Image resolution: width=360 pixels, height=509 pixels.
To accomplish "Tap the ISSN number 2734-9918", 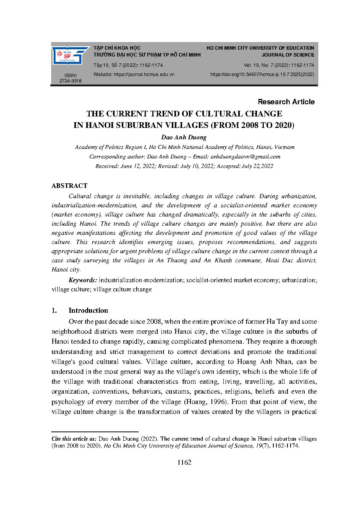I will pyautogui.click(x=71, y=81).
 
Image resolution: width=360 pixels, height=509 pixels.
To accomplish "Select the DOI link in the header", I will pyautogui.click(x=262, y=74).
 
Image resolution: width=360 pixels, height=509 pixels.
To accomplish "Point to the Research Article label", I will pyautogui.click(x=286, y=102).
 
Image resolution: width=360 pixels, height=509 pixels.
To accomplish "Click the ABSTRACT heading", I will pyautogui.click(x=69, y=186).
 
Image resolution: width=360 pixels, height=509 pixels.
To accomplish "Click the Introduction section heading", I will pyautogui.click(x=88, y=310).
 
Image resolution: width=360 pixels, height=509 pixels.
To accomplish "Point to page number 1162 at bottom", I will pyautogui.click(x=184, y=463).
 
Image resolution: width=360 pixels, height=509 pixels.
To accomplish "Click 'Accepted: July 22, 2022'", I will pyautogui.click(x=245, y=166).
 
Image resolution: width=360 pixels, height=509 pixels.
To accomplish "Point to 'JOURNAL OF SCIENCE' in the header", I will pyautogui.click(x=292, y=55).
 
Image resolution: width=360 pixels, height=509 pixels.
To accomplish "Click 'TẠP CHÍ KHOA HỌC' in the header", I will pyautogui.click(x=117, y=48).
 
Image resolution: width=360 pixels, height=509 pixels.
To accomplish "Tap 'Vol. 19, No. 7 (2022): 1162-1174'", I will pyautogui.click(x=279, y=65).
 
